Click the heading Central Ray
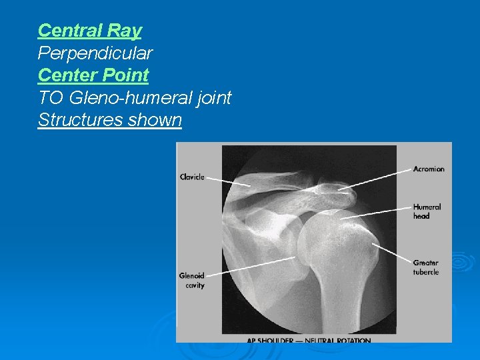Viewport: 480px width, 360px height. (89, 30)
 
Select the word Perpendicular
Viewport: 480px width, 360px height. (95, 53)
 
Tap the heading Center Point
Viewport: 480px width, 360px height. (93, 75)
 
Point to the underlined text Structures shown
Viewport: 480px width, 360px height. (109, 121)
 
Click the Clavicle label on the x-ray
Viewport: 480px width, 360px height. (192, 177)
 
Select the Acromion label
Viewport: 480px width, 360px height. (429, 169)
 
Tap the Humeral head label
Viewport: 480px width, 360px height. (427, 211)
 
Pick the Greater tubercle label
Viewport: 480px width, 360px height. (426, 267)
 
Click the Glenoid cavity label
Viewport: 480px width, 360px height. (192, 280)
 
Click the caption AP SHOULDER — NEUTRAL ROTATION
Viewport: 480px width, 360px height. (309, 340)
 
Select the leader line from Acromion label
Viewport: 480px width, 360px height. (377, 179)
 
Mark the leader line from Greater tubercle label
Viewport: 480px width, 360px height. (393, 253)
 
